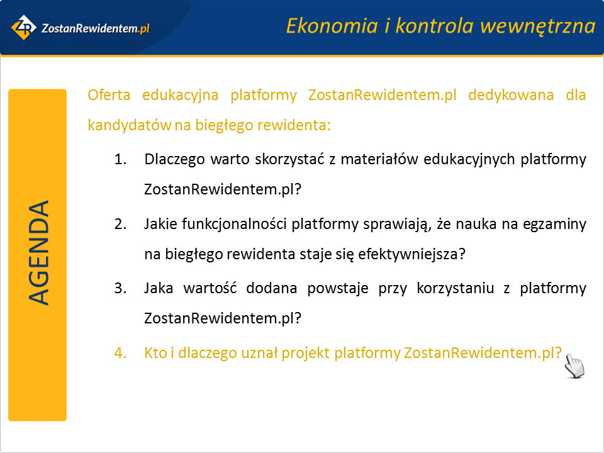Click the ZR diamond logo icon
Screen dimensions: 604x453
point(24,27)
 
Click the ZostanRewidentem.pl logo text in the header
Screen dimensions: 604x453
point(95,28)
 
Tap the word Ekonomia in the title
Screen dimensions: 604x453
point(332,26)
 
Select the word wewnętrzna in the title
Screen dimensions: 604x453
point(538,27)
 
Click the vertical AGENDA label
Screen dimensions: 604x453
point(38,253)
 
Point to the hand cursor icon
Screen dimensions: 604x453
point(574,366)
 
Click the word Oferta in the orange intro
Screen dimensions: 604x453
point(109,95)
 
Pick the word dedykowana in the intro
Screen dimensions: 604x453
point(511,95)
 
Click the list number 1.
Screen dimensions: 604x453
point(121,159)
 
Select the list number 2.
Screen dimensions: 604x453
point(121,224)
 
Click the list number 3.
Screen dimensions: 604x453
point(121,288)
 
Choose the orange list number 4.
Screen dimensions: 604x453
point(121,353)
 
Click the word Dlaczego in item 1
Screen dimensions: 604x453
point(174,159)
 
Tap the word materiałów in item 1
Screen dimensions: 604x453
point(379,159)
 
